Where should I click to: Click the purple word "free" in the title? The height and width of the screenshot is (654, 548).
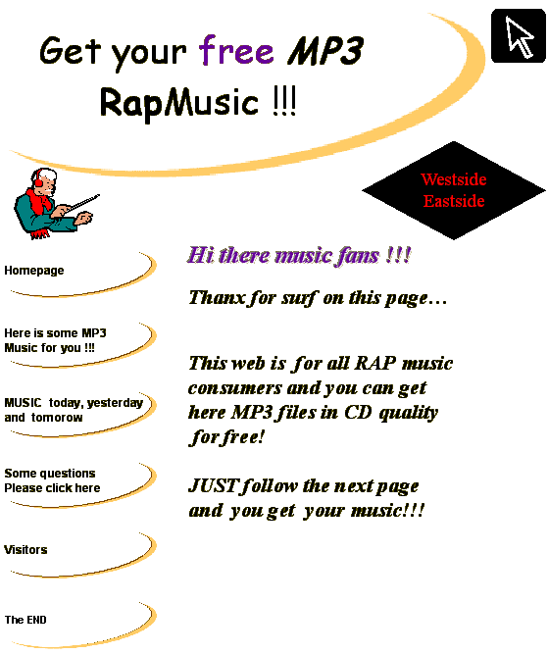click(236, 50)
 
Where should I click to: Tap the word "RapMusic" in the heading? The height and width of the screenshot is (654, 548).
click(179, 103)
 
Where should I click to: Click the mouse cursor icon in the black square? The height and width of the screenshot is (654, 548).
click(519, 36)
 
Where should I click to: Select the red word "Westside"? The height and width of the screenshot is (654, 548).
click(454, 179)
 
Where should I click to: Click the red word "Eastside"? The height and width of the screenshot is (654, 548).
click(454, 201)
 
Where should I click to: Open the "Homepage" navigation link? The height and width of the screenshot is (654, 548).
click(34, 271)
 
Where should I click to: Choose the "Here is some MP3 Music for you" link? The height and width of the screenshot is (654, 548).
click(55, 340)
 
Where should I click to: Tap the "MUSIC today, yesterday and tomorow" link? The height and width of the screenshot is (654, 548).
click(74, 410)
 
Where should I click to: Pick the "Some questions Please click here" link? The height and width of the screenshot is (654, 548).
click(52, 480)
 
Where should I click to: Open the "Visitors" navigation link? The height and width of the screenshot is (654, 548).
click(25, 550)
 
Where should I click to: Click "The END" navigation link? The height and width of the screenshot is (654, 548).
click(25, 620)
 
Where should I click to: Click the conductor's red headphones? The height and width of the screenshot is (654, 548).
click(38, 178)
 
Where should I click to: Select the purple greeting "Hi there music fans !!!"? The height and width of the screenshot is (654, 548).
click(299, 255)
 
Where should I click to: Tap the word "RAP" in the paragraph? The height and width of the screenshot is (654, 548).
click(374, 363)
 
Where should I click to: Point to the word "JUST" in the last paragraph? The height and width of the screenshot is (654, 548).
click(213, 485)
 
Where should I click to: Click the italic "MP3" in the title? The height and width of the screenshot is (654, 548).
click(325, 51)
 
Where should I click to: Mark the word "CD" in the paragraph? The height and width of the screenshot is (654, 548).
click(358, 413)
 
